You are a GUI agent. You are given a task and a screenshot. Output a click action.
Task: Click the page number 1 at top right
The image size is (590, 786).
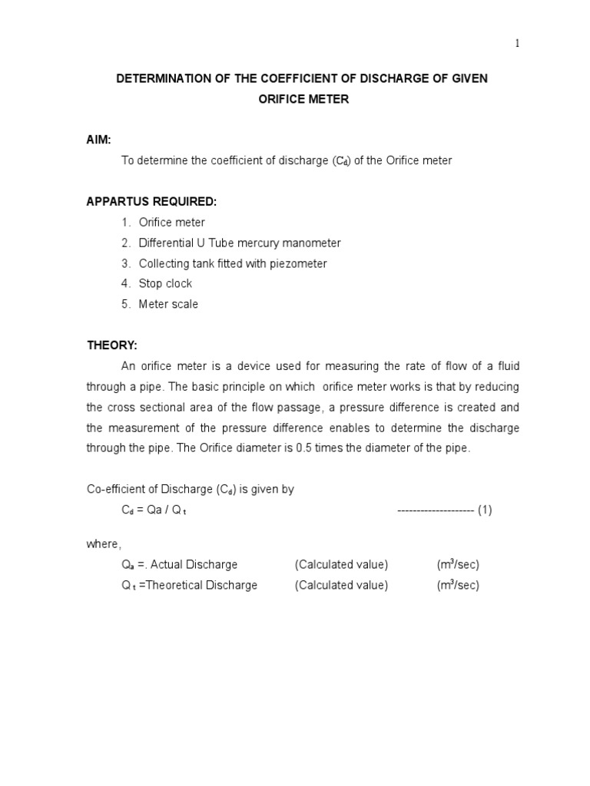point(518,44)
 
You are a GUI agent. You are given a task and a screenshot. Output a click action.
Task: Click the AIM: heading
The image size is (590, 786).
point(98,140)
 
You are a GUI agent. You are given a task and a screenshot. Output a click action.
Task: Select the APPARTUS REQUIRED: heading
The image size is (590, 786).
point(151,202)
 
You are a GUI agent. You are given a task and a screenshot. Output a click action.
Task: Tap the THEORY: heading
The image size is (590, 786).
point(111,345)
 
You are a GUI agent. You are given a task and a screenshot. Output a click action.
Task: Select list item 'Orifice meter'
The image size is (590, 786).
point(172,223)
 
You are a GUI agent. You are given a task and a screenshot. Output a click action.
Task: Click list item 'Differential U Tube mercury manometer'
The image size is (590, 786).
point(240,243)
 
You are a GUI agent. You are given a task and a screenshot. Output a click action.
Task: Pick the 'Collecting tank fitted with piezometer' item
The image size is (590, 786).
point(233,263)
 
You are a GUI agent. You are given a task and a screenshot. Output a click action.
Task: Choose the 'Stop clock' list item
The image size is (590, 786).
point(165,284)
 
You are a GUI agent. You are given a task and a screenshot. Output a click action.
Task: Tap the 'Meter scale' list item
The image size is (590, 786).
point(168,304)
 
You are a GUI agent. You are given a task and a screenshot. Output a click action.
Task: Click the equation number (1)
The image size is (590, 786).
point(485,510)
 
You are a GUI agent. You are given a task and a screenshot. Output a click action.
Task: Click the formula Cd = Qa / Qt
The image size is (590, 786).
point(154,510)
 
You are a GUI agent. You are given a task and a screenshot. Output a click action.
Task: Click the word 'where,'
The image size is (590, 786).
point(103,544)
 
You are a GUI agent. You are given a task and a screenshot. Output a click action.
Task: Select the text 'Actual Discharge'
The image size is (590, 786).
point(194,565)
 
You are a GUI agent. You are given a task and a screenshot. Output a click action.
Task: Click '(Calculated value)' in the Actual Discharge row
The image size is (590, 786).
point(341,565)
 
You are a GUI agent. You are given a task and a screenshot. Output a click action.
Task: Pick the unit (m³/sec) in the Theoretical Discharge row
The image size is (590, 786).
point(458,586)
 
